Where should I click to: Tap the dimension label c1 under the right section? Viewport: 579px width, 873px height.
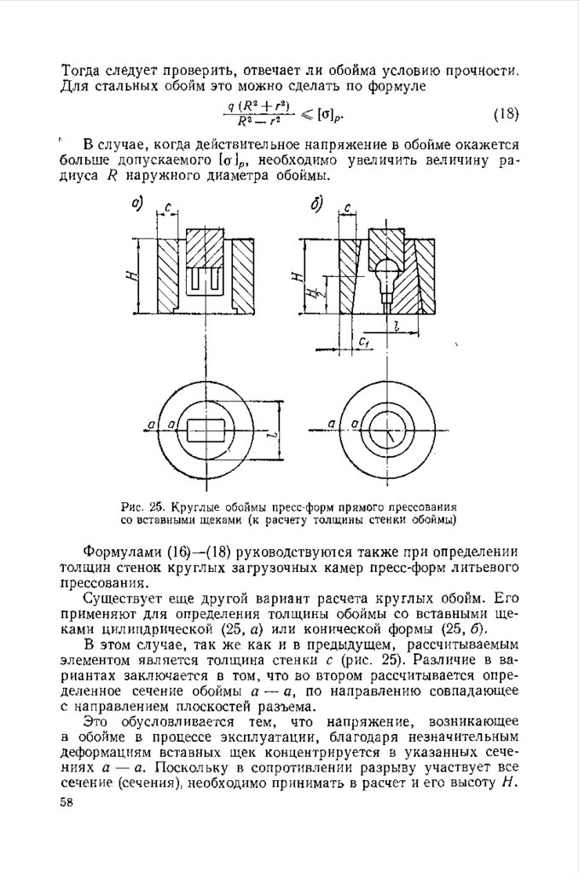tap(363, 342)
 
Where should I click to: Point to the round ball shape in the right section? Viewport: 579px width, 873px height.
tap(386, 272)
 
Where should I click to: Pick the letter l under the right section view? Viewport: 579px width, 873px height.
tap(398, 325)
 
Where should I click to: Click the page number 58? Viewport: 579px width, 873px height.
tap(67, 801)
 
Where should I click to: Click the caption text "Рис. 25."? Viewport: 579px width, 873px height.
tap(139, 505)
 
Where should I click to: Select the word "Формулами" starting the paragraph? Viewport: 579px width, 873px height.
tap(120, 554)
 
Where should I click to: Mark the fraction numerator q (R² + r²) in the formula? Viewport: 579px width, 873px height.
tap(259, 107)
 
